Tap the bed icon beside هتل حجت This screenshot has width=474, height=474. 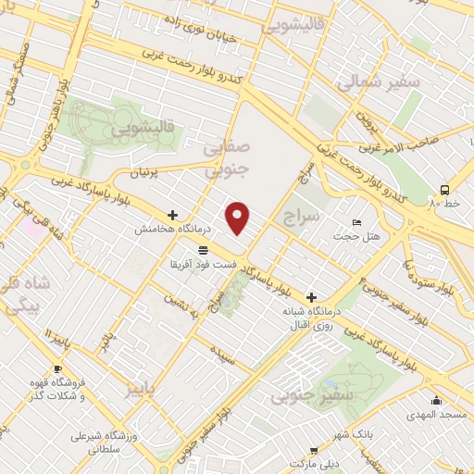[x=358, y=223]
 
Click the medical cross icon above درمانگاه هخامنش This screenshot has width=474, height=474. [x=172, y=215]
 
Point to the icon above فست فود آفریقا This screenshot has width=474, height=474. [x=202, y=250]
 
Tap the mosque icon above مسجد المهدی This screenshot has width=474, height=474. [x=437, y=401]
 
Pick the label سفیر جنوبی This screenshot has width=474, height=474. [x=306, y=397]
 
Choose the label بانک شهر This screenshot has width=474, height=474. [x=352, y=434]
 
